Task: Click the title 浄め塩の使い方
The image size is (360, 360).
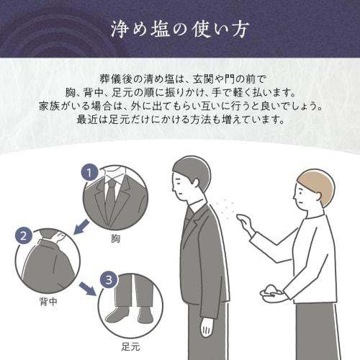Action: [180, 30]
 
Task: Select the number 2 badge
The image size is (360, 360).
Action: [24, 235]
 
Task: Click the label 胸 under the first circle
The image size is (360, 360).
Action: [116, 237]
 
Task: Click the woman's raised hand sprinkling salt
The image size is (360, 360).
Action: [247, 228]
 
